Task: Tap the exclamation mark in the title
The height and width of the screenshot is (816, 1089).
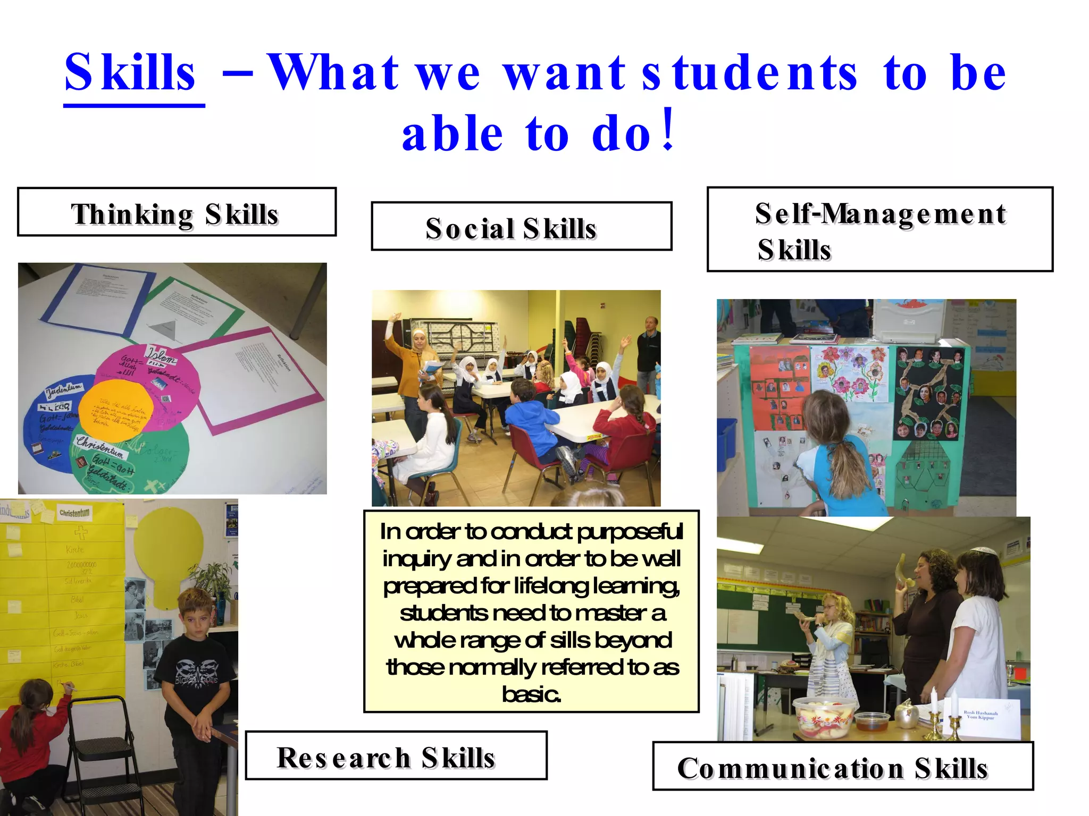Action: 668,130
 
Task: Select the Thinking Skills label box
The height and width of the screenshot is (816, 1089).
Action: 177,212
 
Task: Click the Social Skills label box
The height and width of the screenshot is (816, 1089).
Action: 521,226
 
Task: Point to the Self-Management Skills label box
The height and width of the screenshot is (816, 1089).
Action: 879,229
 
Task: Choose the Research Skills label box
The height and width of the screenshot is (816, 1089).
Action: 396,755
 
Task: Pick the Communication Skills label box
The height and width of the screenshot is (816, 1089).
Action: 842,766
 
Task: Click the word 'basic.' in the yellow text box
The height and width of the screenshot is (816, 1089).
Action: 531,694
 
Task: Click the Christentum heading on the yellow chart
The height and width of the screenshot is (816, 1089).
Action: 75,513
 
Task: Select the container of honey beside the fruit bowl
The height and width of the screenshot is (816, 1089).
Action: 872,721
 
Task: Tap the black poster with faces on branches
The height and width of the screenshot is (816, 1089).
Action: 928,394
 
